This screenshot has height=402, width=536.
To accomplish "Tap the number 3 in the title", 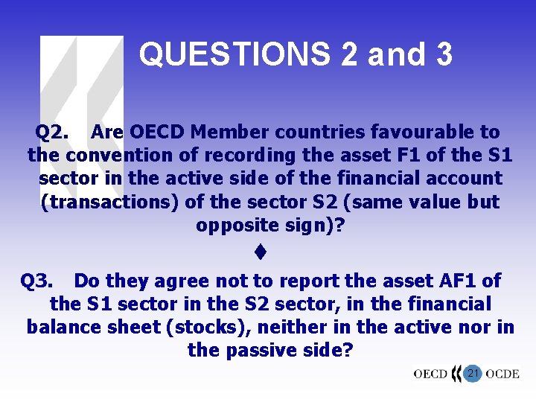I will click(443, 54).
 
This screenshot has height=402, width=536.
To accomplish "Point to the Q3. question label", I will click(36, 281).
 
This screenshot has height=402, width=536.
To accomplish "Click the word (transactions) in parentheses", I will click(105, 202).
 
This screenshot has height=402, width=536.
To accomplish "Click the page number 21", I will click(471, 373).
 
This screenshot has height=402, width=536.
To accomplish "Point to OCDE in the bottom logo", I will click(502, 374).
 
